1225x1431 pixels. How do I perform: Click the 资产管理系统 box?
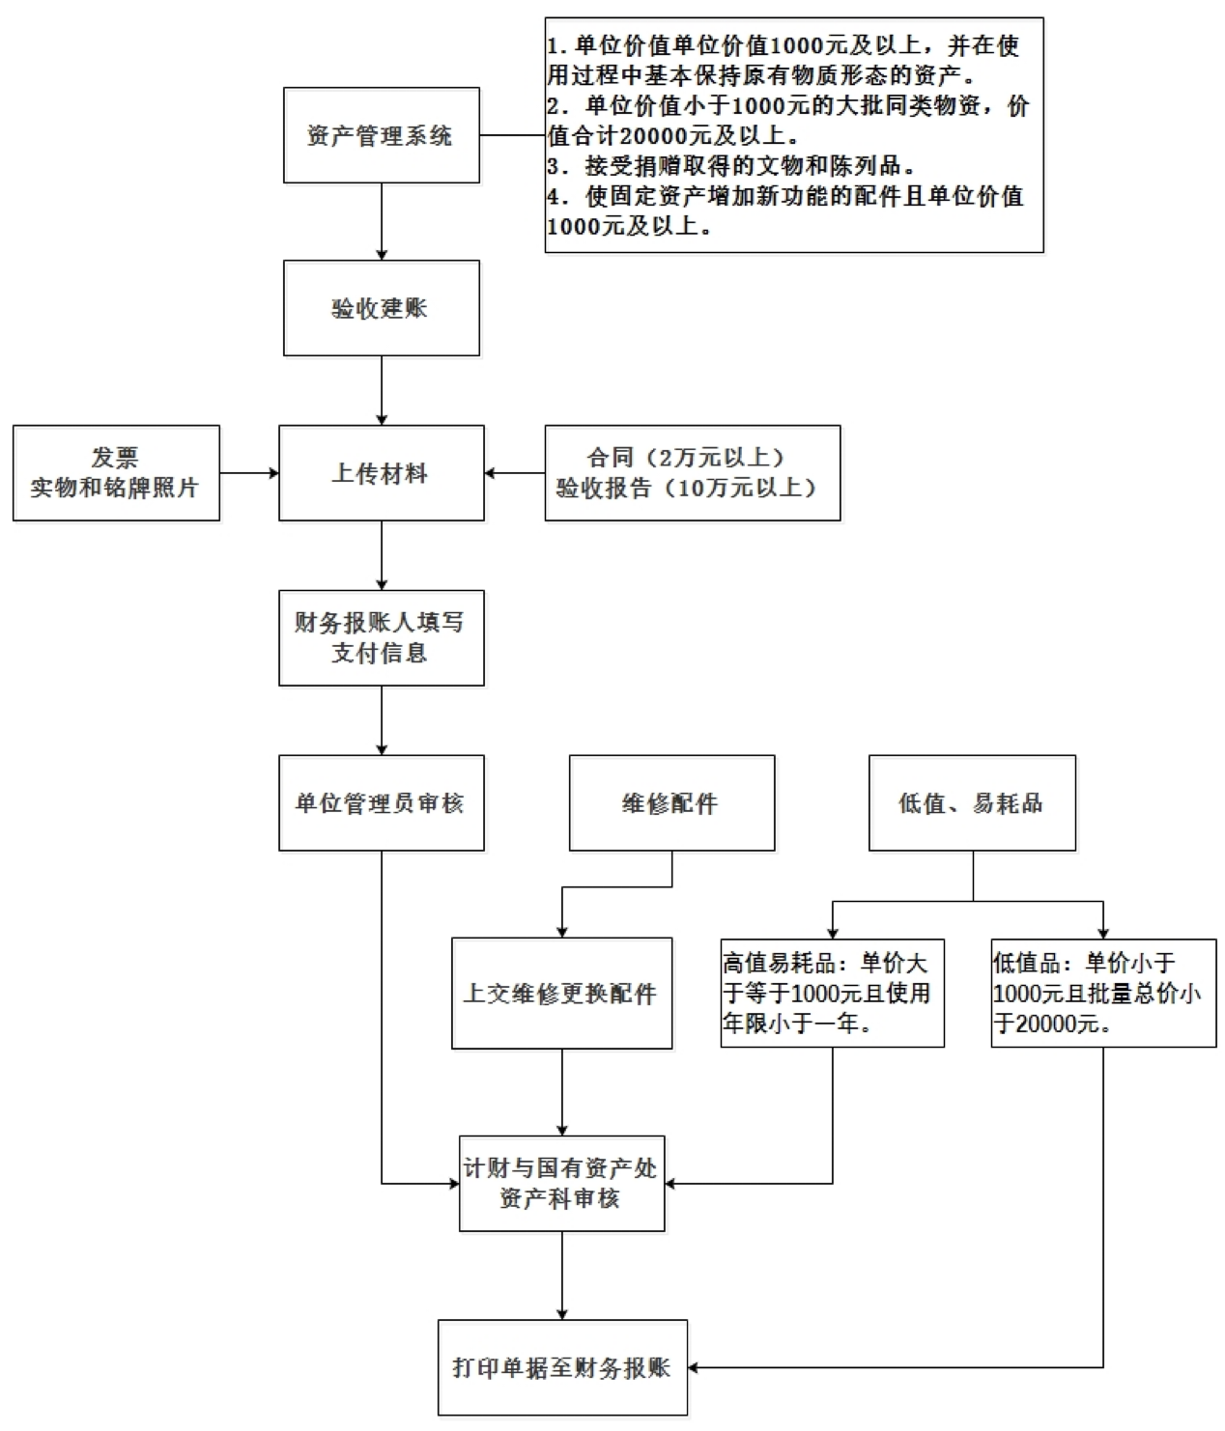click(x=381, y=135)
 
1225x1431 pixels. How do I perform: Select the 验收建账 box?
click(x=381, y=308)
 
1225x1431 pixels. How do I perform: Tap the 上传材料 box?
click(x=381, y=473)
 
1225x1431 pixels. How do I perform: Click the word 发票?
click(x=115, y=458)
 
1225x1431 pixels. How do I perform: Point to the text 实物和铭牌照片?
click(x=115, y=488)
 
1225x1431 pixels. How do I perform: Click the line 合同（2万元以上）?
click(x=686, y=458)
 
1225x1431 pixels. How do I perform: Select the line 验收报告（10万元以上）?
click(x=686, y=488)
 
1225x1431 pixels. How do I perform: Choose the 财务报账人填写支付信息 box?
click(x=381, y=637)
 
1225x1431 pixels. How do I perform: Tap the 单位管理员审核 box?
click(x=381, y=802)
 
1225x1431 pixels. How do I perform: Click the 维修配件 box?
click(x=671, y=802)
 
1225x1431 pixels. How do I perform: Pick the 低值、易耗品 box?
click(x=972, y=802)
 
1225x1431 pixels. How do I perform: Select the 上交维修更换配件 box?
click(x=561, y=993)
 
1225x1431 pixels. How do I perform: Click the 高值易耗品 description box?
click(x=832, y=993)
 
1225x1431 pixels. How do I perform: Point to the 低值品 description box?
click(x=1103, y=993)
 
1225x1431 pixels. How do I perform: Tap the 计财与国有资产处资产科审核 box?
click(x=561, y=1183)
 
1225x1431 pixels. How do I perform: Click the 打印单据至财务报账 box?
click(x=562, y=1367)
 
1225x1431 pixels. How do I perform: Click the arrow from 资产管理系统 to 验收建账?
click(x=381, y=221)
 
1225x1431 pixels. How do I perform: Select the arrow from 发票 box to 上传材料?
click(x=249, y=473)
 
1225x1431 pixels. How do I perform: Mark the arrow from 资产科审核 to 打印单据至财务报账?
click(x=561, y=1276)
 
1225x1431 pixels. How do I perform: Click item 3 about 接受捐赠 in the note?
click(x=731, y=166)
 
